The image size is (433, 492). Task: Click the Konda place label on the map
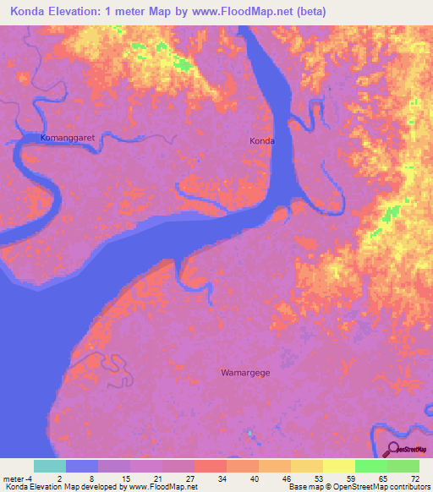coord(262,141)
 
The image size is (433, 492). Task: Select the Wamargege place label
coord(245,372)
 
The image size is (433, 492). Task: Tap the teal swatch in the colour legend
coord(50,466)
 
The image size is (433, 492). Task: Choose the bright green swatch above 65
coord(370,466)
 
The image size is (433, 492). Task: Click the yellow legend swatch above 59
coord(338,466)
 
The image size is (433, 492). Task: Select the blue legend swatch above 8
coord(82,466)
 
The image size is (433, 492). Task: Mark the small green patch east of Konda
coord(391,213)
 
